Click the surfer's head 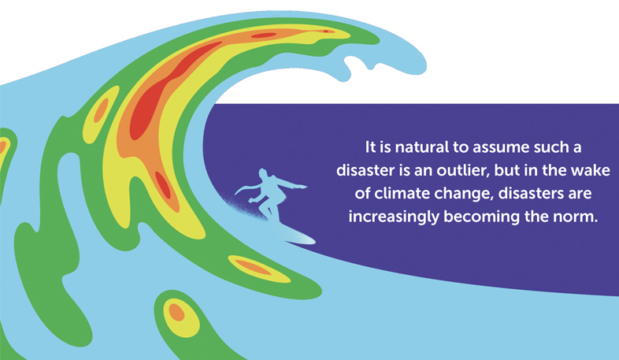[262, 174]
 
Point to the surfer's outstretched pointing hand [302, 186]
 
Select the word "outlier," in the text [462, 170]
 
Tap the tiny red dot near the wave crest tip [326, 32]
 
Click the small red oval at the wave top [264, 35]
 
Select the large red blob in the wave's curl [166, 91]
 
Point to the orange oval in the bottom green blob [176, 312]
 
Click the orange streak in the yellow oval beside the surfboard [253, 267]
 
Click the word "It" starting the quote [370, 147]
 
